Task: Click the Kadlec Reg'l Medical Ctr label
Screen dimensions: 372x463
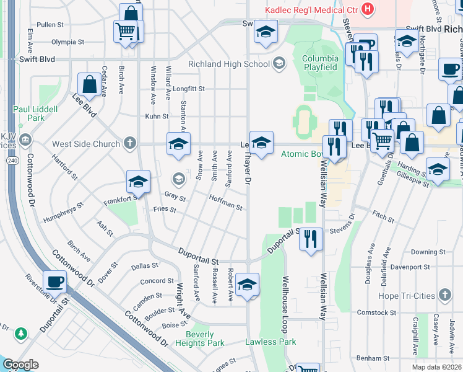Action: click(311, 10)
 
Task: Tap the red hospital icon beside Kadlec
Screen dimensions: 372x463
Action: click(368, 9)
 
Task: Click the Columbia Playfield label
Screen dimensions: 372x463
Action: click(319, 63)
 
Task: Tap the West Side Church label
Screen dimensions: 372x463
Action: click(86, 144)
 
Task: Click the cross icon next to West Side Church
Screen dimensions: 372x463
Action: click(129, 144)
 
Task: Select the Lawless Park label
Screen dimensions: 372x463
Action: click(270, 342)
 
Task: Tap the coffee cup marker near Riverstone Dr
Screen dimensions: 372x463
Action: click(54, 281)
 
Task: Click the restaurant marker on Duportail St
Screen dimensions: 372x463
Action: click(311, 239)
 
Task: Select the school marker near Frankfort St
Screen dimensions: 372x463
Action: click(138, 182)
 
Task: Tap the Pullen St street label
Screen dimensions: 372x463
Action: click(50, 25)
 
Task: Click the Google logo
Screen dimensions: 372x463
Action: click(20, 365)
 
